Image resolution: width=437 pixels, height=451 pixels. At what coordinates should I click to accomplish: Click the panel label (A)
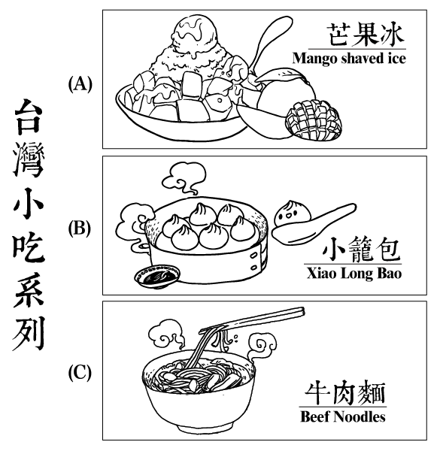click(80, 84)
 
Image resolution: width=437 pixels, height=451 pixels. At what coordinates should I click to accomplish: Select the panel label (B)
click(80, 229)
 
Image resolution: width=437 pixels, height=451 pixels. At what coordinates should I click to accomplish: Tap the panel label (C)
click(80, 373)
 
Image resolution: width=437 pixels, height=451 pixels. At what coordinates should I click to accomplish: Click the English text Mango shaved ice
click(349, 59)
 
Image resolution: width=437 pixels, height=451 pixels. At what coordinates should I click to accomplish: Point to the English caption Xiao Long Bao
click(354, 273)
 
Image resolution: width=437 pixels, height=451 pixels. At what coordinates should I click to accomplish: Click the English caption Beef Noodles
click(343, 416)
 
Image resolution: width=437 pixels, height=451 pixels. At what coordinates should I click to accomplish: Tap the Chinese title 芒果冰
click(366, 35)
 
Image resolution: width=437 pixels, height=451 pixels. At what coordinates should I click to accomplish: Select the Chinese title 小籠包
click(362, 250)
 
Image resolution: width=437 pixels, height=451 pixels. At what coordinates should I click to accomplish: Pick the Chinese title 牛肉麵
click(345, 393)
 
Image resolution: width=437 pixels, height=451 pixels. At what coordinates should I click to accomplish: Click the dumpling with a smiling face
click(292, 213)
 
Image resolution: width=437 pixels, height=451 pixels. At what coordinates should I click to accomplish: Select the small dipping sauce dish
click(157, 276)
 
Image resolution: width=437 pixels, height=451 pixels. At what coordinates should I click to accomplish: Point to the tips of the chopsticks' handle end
click(302, 311)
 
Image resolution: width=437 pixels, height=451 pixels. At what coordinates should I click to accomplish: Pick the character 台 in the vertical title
click(29, 117)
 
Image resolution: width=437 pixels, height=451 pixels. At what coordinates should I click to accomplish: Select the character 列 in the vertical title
click(29, 333)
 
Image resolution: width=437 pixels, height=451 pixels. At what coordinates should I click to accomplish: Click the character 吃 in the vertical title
click(29, 247)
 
